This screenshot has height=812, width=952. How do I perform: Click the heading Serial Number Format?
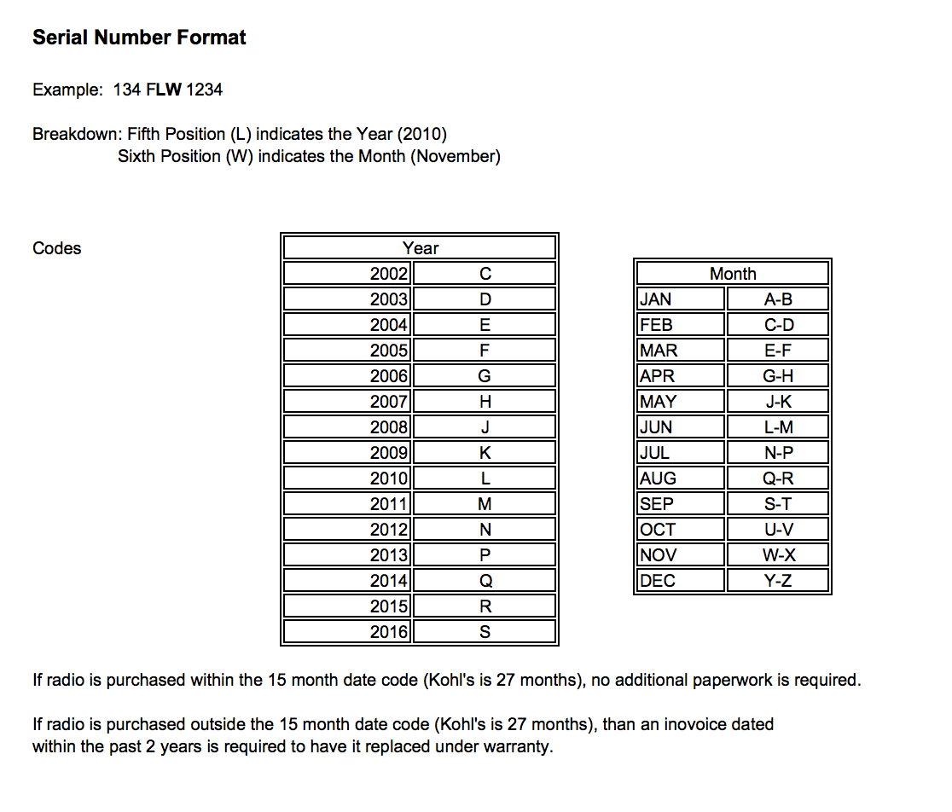(139, 38)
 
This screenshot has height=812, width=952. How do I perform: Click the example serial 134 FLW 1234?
(168, 90)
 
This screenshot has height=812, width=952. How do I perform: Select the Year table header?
(420, 248)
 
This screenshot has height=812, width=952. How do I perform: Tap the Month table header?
(733, 274)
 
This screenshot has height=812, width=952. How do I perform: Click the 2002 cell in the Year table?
(389, 274)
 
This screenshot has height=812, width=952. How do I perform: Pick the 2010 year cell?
(389, 478)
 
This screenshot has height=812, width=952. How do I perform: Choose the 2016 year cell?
(389, 632)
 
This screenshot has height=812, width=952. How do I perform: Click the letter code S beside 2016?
(485, 632)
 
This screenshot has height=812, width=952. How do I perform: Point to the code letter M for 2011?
(485, 504)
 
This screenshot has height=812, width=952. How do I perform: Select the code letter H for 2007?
(485, 402)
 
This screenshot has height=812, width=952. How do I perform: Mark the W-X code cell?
(779, 555)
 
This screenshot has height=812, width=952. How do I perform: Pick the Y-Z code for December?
(779, 581)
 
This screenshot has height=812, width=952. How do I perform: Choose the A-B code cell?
(779, 299)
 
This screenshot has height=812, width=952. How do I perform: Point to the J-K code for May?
(779, 402)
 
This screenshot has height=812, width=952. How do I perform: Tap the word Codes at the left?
(57, 248)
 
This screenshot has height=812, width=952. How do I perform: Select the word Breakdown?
(76, 134)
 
